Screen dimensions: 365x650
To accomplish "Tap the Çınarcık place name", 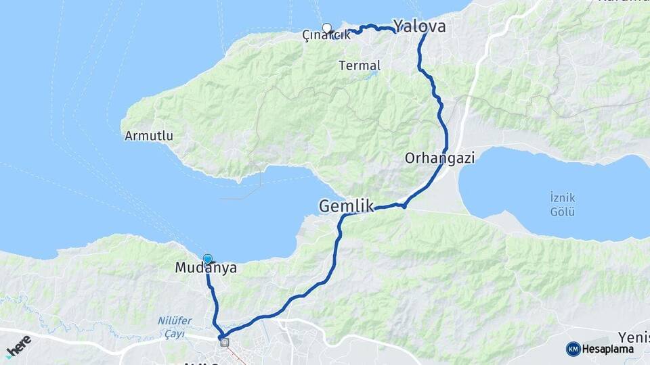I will [326, 36].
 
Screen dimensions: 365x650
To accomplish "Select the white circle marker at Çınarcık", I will [327, 28].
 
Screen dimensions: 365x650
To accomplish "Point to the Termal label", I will [360, 66].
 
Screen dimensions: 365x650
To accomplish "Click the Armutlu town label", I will [149, 136].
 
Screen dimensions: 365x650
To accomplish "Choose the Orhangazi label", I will [440, 158].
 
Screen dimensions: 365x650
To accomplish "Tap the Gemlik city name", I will [346, 205].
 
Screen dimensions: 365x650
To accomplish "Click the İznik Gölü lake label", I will [562, 205].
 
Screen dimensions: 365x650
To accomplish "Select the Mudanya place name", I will [206, 268].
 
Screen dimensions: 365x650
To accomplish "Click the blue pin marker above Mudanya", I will [208, 259].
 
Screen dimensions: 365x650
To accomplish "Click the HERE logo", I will [18, 346].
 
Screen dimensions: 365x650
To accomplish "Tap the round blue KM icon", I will [573, 349].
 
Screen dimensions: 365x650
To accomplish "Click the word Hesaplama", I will [607, 349].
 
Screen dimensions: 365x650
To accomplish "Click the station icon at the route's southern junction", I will [225, 343].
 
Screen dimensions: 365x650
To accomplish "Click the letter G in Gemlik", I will [326, 205].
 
